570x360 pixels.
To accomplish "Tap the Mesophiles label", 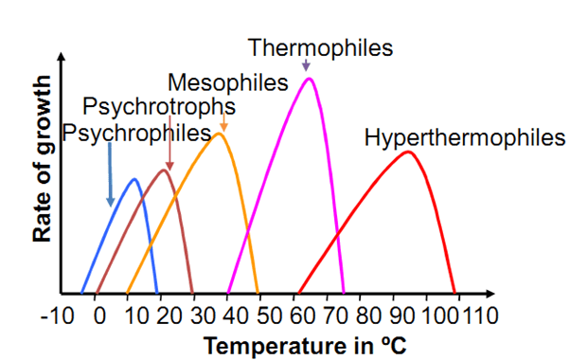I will pos(227,82).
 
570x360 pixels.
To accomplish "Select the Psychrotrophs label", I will pos(159,105).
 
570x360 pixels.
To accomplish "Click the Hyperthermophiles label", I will pos(464,137).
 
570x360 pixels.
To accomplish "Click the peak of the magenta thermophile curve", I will pos(309,79).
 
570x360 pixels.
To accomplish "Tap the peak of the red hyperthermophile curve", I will pos(408,152).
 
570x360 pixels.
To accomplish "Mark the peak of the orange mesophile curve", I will pos(219,134).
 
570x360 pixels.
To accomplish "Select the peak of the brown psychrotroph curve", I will pos(166,170).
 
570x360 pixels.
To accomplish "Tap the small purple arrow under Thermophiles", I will pos(306,65).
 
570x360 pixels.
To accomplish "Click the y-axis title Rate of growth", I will pos(43,176).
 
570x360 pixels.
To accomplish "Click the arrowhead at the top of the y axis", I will pos(62,63).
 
